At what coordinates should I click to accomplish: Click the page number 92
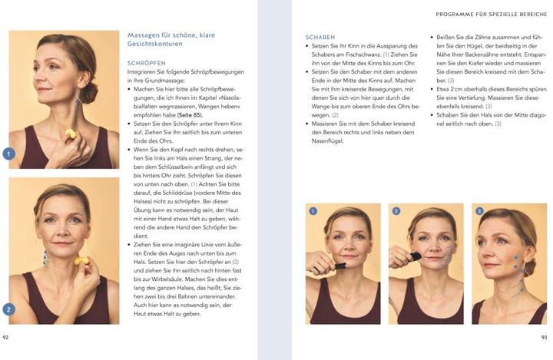pyautogui.click(x=6, y=336)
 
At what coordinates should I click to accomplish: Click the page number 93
pyautogui.click(x=543, y=336)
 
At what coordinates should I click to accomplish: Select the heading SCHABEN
pyautogui.click(x=320, y=37)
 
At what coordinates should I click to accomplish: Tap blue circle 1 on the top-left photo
pyautogui.click(x=9, y=154)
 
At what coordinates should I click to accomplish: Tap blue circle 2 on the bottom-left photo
pyautogui.click(x=9, y=309)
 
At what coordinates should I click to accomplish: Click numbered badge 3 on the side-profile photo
pyautogui.click(x=479, y=211)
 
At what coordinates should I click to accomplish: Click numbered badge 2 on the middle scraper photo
pyautogui.click(x=396, y=211)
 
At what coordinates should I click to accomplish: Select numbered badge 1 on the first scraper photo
pyautogui.click(x=313, y=211)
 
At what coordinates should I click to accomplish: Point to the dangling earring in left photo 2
pyautogui.click(x=45, y=257)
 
